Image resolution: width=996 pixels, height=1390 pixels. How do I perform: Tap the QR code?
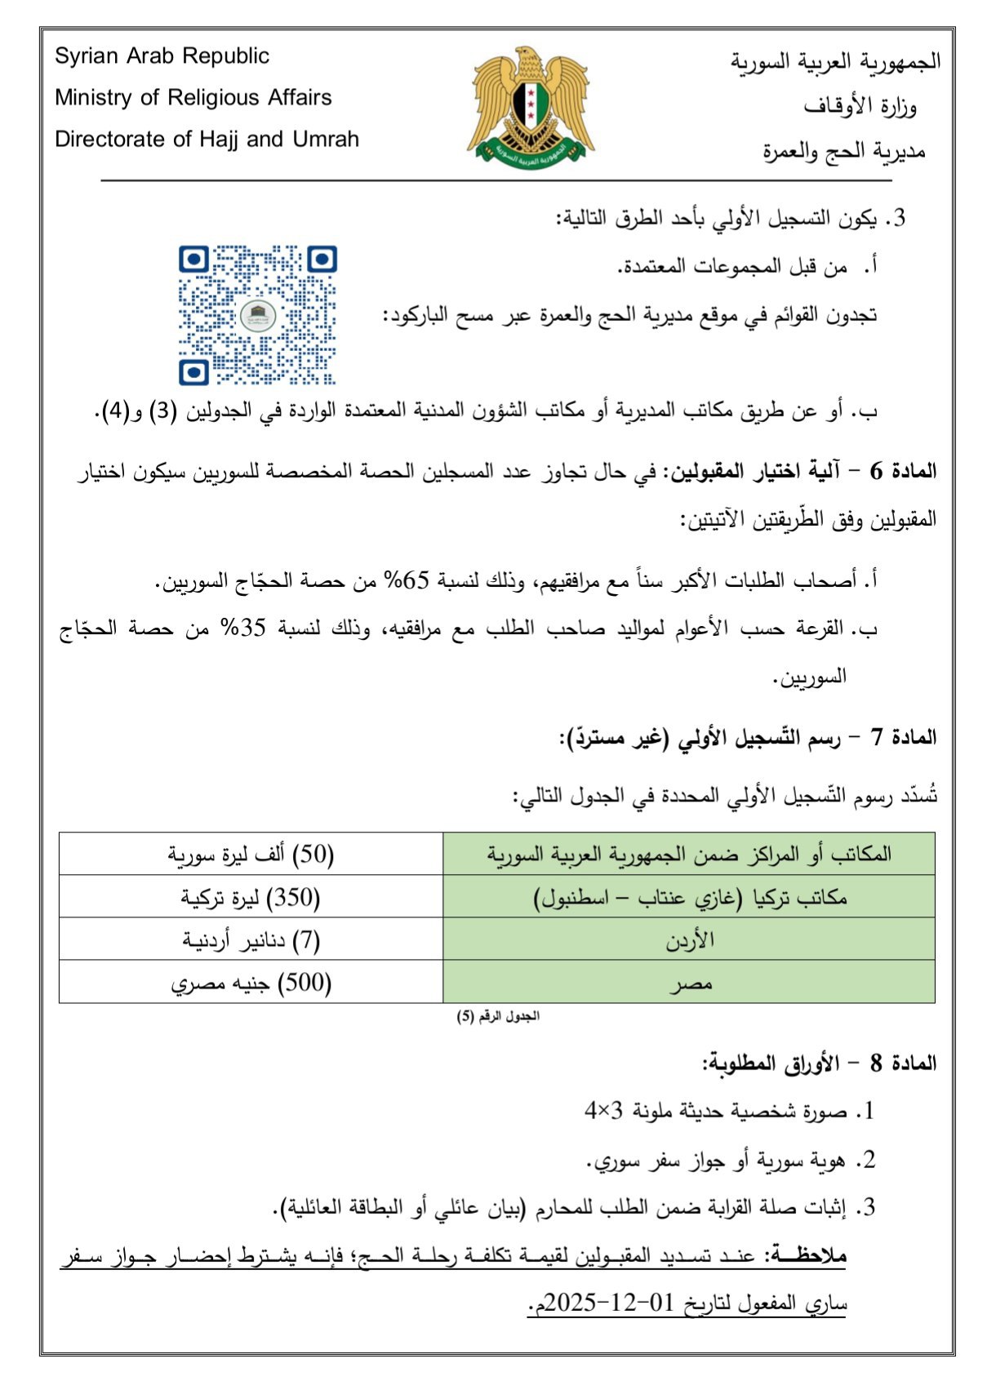tap(258, 315)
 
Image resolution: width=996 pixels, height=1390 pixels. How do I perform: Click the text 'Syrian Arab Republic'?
tap(162, 56)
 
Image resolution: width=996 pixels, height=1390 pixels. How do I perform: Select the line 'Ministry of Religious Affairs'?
tap(193, 98)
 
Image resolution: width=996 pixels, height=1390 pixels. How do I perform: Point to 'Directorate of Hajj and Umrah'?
tap(207, 140)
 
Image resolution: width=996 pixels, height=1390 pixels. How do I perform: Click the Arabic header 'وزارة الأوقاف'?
tap(859, 106)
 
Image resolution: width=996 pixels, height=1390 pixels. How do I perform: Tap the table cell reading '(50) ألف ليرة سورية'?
tap(251, 855)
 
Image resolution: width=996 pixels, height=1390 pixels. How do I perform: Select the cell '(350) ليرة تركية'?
tap(251, 898)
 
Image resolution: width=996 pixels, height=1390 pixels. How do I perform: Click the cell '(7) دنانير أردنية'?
tap(251, 940)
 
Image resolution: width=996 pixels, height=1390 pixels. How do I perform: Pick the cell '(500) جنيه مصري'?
tap(251, 983)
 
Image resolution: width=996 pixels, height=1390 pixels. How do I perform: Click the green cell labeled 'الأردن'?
tap(689, 940)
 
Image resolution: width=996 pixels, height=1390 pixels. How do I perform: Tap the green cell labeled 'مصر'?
tap(689, 983)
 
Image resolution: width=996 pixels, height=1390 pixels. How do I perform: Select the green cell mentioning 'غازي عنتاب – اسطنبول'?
tap(689, 898)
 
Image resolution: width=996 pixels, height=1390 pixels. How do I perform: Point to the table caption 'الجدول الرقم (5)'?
tap(498, 1017)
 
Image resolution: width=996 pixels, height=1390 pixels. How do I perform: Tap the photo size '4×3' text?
tap(603, 1111)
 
